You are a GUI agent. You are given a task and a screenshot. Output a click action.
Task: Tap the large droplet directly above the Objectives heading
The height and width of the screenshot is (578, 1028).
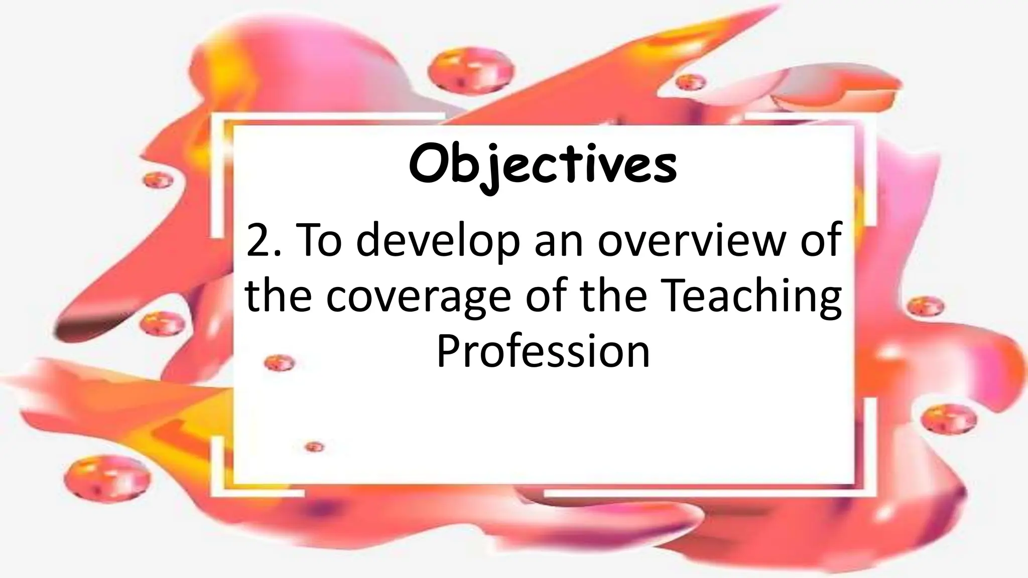[x=472, y=70]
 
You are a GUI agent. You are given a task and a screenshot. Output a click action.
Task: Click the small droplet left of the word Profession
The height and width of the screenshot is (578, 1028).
[x=279, y=362]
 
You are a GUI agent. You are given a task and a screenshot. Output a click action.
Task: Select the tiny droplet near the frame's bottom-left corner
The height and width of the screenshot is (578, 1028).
[x=314, y=447]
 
